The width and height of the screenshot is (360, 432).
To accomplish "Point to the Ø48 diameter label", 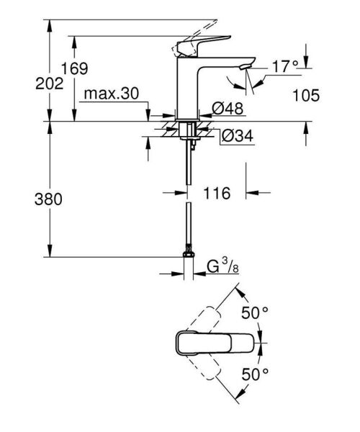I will point(228,109).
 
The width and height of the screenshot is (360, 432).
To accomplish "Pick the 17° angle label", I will point(284,66).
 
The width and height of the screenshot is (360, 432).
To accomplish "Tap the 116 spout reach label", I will point(216,193).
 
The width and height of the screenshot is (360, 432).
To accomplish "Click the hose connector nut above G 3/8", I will point(189,254).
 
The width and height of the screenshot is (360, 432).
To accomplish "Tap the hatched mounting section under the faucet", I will point(189,132).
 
